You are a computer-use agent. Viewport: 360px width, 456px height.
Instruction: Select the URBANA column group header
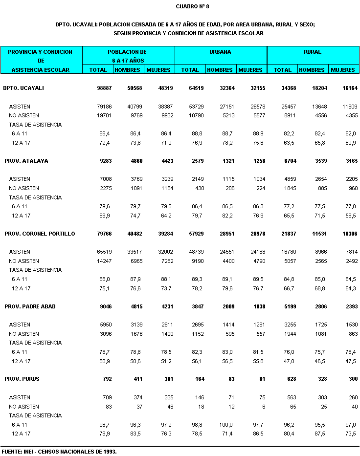(220, 51)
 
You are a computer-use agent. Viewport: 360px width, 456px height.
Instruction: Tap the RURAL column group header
(312, 51)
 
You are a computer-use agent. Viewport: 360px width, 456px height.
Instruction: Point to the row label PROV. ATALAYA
(26, 161)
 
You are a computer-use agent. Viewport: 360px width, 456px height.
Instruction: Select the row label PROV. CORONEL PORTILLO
(40, 234)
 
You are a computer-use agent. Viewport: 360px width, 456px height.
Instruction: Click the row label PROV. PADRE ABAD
(30, 306)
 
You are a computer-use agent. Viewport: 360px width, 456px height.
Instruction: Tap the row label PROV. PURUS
(22, 379)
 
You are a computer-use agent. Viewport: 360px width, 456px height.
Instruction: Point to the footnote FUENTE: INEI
(59, 451)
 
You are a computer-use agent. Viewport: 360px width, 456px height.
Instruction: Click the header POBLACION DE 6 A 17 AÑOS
(129, 56)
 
